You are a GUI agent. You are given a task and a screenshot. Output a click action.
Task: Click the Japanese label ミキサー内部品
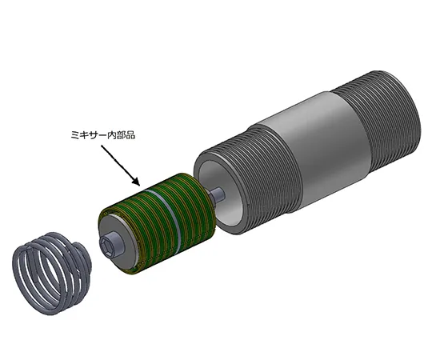[102, 136]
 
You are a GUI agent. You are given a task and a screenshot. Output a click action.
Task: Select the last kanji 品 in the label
[130, 136]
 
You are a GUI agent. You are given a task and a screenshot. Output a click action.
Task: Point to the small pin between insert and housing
[218, 193]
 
